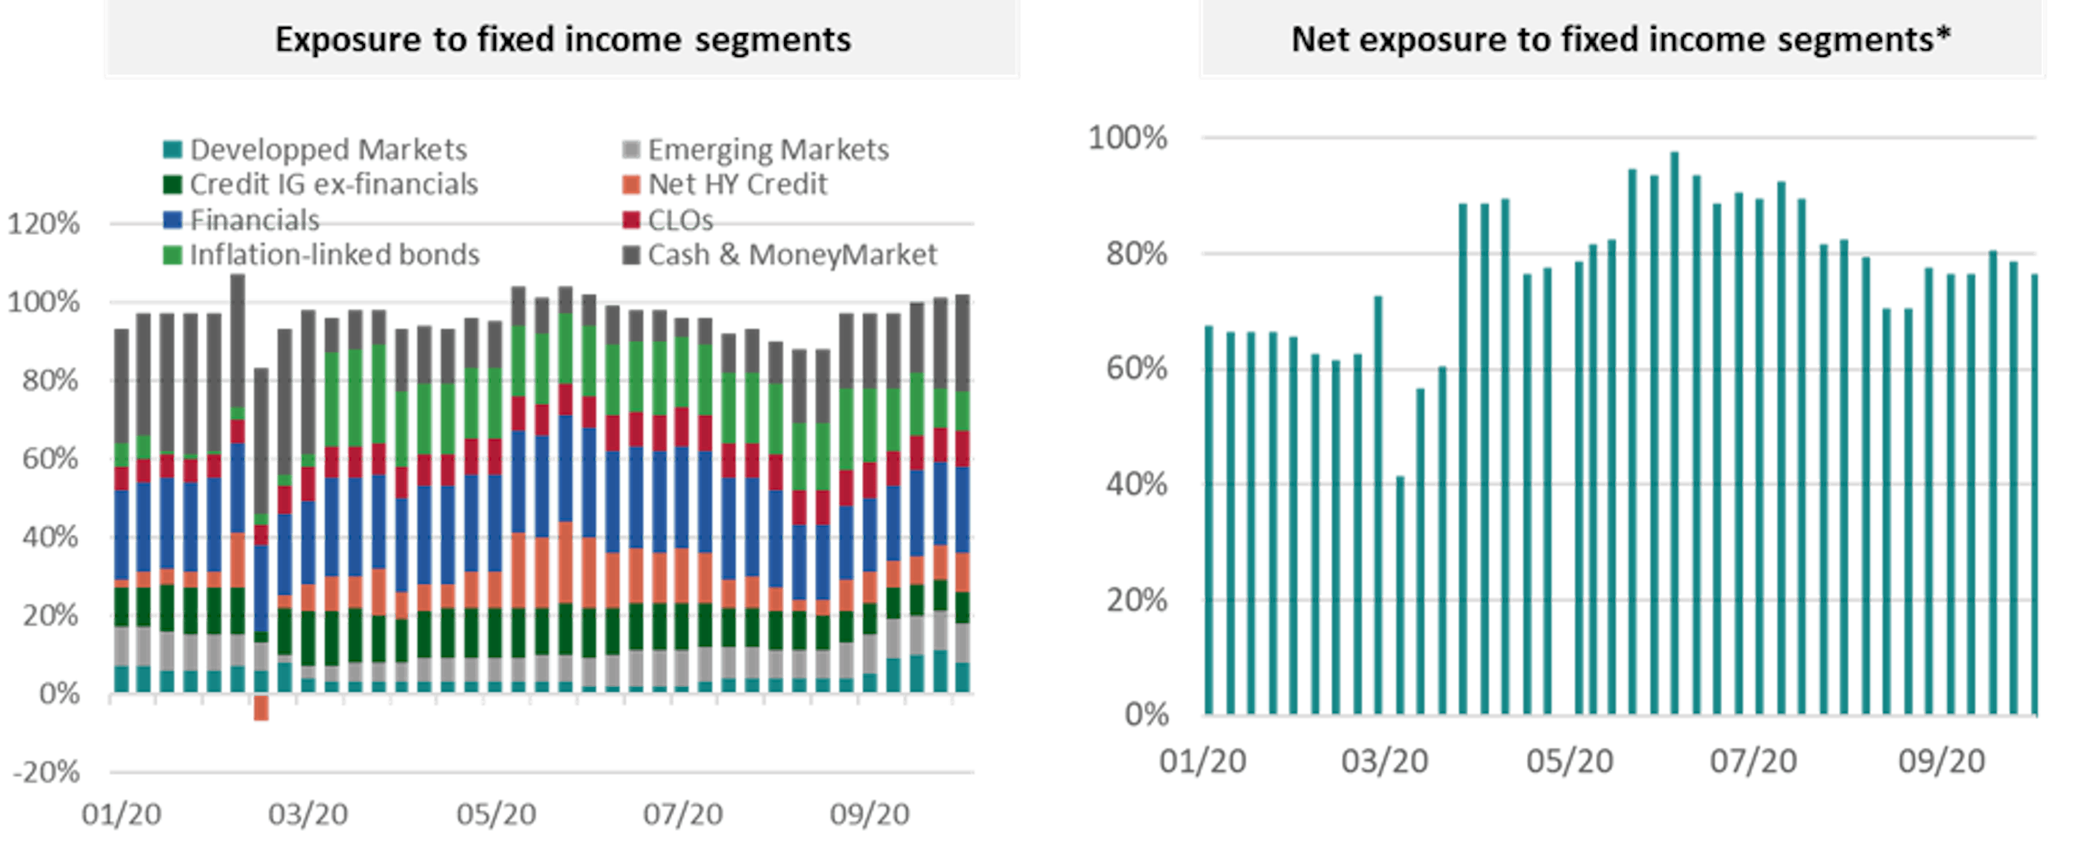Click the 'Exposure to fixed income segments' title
pyautogui.click(x=563, y=40)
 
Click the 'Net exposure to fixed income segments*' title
pyautogui.click(x=1621, y=40)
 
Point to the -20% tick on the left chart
pyautogui.click(x=47, y=772)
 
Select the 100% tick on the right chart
pyautogui.click(x=1128, y=138)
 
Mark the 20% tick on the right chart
pyautogui.click(x=1137, y=600)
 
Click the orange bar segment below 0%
pyautogui.click(x=261, y=709)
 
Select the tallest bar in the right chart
pyautogui.click(x=1675, y=433)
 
